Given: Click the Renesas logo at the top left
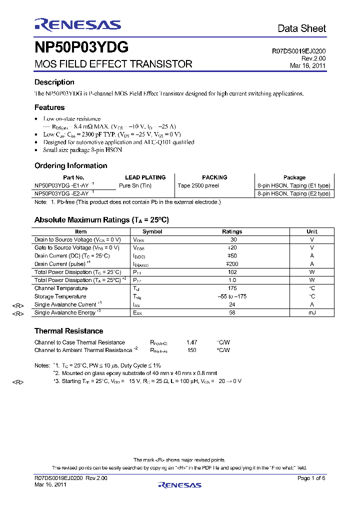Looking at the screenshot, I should (x=77, y=25).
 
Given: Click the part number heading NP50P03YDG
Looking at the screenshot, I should (x=81, y=47).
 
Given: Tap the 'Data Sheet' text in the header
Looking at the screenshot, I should (x=301, y=28).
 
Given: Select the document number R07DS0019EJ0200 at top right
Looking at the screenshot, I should (x=299, y=51).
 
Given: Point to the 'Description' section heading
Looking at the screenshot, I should (x=54, y=82).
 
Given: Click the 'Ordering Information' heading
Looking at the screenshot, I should (x=70, y=165).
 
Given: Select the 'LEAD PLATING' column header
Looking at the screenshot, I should (x=145, y=177).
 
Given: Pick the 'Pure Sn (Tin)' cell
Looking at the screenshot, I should (x=135, y=185).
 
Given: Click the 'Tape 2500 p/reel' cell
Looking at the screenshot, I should (x=198, y=185).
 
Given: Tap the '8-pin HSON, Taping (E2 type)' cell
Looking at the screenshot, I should (x=294, y=193).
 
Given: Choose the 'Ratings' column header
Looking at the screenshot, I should (x=232, y=231).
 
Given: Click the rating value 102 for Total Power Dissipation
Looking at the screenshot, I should (x=232, y=272).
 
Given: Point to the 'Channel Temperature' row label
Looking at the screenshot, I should (x=60, y=288).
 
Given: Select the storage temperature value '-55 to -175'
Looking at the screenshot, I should (x=232, y=296).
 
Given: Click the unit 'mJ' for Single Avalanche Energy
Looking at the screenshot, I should (x=312, y=312).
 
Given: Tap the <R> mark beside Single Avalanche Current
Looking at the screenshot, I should (x=18, y=305).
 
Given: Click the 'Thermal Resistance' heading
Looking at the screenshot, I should (x=68, y=331).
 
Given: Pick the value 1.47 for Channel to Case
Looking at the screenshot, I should (x=191, y=342).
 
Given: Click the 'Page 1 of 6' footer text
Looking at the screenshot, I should (x=311, y=478).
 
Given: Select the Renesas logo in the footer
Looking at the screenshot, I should (x=179, y=484).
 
